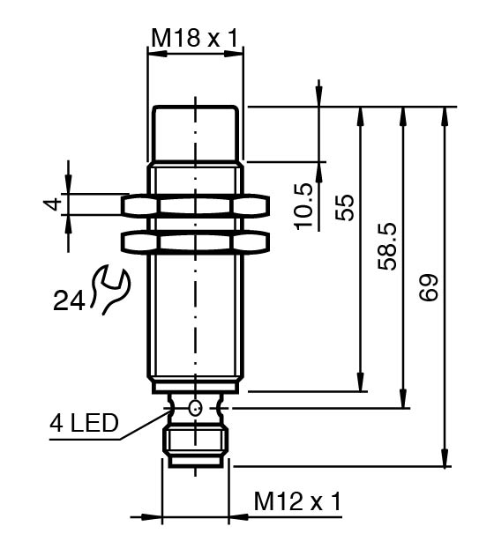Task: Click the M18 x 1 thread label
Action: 195,38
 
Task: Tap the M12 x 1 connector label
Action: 297,501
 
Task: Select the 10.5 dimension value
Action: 304,206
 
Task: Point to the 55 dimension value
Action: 345,208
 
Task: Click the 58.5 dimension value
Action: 386,247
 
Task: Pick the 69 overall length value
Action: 429,288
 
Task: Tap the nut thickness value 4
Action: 52,204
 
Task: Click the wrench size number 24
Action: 69,300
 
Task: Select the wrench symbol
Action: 110,289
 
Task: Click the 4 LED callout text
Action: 84,423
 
